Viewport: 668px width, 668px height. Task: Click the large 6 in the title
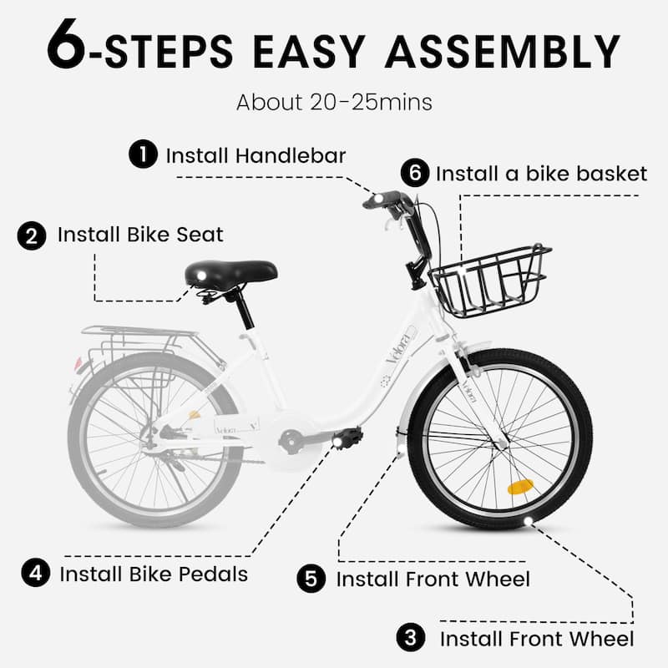click(67, 43)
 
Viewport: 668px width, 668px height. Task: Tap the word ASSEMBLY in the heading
click(503, 52)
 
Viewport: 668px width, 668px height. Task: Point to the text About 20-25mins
click(335, 102)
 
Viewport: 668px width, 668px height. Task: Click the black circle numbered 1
click(143, 154)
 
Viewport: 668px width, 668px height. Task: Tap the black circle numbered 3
click(411, 638)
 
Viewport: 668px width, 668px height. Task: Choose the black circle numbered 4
click(36, 573)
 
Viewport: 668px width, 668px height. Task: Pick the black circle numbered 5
click(311, 579)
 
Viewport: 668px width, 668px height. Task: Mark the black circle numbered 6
click(415, 173)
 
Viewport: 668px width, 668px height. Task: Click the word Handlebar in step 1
click(291, 155)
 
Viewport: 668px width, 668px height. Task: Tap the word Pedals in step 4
click(214, 574)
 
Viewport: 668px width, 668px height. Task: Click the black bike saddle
click(231, 273)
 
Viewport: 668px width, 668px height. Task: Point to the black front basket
click(490, 281)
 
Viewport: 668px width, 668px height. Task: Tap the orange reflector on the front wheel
click(520, 487)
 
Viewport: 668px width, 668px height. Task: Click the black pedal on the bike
click(347, 437)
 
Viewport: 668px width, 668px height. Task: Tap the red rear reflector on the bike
click(78, 363)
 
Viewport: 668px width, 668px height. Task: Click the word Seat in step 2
click(200, 235)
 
